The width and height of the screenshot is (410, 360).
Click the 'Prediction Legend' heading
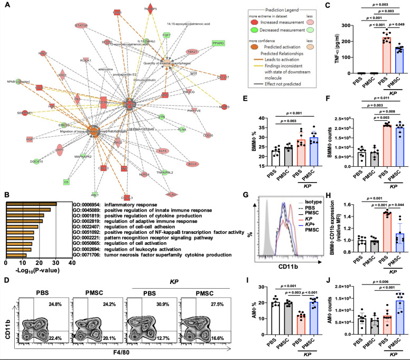coord(237,7)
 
